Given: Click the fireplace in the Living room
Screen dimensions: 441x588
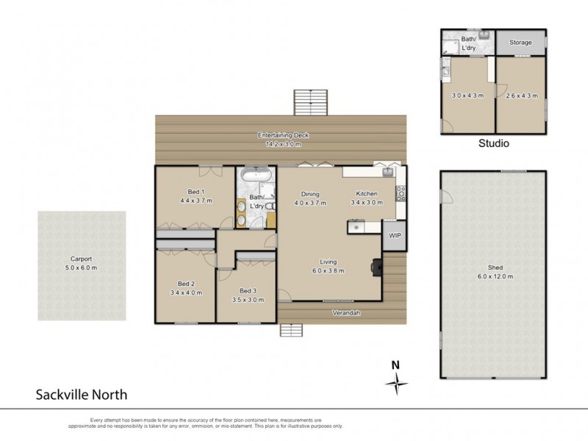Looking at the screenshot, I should (377, 267).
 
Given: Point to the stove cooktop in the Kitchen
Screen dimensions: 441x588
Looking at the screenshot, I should (401, 194).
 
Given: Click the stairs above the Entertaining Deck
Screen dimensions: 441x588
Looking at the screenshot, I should (309, 101).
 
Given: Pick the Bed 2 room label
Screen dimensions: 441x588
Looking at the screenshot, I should (186, 284).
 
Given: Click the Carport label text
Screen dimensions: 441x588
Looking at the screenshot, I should (82, 259).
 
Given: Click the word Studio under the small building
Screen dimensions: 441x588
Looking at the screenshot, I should (494, 143).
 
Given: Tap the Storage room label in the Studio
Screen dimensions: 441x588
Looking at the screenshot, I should (521, 43).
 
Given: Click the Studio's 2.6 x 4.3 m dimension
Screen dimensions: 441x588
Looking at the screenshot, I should (520, 96).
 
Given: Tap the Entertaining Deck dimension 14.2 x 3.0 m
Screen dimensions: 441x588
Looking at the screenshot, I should (282, 144).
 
